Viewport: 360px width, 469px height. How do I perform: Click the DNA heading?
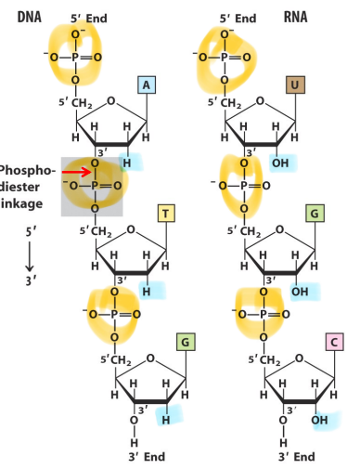[29, 17]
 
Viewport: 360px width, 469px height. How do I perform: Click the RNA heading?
[295, 17]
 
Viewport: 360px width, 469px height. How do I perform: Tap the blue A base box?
[147, 85]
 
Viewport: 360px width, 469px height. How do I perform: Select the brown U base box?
[295, 85]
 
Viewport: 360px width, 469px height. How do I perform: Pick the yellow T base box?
[166, 214]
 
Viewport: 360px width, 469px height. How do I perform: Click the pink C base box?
[334, 342]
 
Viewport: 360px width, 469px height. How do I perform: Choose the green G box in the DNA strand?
[186, 342]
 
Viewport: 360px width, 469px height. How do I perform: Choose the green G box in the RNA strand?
[315, 214]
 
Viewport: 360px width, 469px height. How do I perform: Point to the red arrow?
[77, 172]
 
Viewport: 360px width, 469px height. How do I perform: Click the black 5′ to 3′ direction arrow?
[30, 256]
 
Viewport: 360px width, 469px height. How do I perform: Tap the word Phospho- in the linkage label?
[27, 171]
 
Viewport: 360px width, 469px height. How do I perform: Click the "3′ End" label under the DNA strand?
[147, 457]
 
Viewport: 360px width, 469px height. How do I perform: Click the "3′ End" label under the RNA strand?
[296, 457]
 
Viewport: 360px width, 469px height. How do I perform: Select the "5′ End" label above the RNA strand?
[238, 19]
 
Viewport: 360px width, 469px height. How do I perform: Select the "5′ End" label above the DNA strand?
[89, 19]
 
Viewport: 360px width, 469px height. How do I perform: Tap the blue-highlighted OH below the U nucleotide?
[280, 163]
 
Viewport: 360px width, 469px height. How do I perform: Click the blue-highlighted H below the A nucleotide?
[127, 163]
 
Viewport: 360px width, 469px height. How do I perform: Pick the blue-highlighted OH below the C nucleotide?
[319, 420]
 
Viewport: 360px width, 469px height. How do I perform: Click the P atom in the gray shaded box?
[95, 186]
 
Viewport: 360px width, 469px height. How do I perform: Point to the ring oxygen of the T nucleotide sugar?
[131, 229]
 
